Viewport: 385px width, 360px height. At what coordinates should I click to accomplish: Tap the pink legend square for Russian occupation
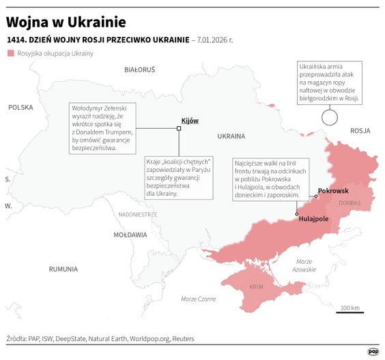tap(10, 53)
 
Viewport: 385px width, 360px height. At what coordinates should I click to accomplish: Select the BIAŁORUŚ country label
tap(140, 70)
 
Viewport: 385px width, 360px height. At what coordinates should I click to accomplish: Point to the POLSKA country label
tap(20, 107)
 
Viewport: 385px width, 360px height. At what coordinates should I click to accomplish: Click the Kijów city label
tap(189, 121)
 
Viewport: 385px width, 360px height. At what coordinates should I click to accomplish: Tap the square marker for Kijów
tap(179, 127)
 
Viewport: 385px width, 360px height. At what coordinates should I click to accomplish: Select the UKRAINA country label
tap(231, 136)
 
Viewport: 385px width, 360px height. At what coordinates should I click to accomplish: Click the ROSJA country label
tap(359, 130)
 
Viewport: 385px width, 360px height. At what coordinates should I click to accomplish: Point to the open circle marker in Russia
tap(330, 117)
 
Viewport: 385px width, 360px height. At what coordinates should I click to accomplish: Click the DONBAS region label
tap(349, 203)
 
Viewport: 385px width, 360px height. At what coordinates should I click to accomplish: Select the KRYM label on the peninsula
tap(256, 288)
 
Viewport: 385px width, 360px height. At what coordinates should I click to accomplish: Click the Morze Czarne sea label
tap(198, 299)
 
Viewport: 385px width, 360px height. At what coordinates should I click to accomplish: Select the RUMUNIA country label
tap(63, 269)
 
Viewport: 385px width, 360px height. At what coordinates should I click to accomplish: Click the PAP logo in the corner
tap(373, 351)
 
